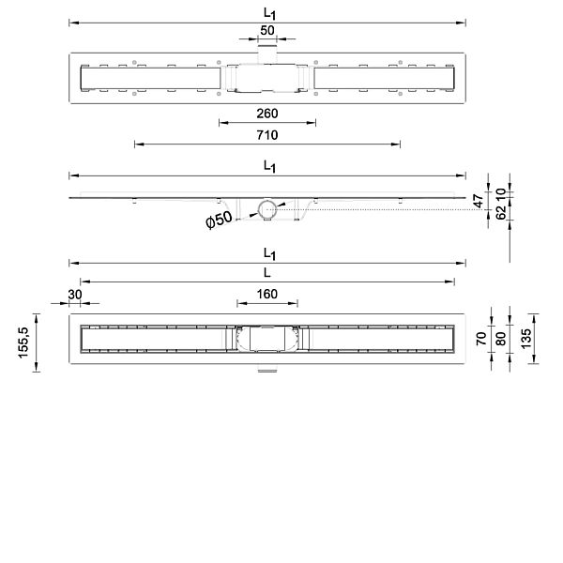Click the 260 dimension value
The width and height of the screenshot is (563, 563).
point(267,114)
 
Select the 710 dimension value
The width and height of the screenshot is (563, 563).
point(267,135)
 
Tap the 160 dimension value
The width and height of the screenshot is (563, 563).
point(267,294)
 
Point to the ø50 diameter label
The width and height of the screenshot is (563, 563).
point(219,219)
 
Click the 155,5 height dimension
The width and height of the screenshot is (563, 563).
point(23,342)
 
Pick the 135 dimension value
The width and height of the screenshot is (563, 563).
point(525,338)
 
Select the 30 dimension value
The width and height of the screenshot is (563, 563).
point(75,295)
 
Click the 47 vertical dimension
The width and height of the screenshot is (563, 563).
point(479,201)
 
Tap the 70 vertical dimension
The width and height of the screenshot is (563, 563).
point(481,339)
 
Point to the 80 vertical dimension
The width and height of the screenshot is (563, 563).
point(500,339)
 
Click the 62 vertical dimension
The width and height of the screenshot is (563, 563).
point(500,211)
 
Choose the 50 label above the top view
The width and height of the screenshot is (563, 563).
point(267,31)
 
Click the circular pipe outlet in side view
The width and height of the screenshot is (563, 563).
point(267,209)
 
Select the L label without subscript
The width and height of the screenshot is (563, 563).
point(266,273)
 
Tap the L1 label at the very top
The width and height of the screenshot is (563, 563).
point(269,14)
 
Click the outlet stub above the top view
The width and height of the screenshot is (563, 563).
point(267,53)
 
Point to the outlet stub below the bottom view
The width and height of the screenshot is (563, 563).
point(267,368)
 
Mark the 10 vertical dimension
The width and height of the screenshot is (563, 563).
point(500,194)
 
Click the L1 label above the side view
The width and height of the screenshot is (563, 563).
point(269,167)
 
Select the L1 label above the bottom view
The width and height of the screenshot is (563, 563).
point(269,254)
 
